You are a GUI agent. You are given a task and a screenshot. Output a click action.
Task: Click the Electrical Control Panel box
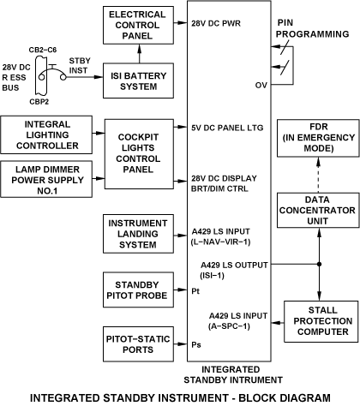coord(138,25)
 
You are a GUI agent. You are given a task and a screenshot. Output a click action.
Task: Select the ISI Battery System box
coord(138,81)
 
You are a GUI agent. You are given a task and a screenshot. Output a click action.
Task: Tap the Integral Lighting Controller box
coord(46,134)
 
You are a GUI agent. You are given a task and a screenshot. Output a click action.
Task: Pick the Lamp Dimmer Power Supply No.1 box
coord(46,179)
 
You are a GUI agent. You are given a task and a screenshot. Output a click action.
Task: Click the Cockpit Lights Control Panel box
coord(139,154)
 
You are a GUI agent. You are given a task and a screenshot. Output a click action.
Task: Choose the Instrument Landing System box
coord(138,234)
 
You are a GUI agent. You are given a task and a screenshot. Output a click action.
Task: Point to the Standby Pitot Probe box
coord(138,290)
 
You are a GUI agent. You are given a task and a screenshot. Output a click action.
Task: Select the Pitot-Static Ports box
coord(138,344)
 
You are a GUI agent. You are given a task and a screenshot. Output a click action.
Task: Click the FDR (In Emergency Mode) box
coord(318,138)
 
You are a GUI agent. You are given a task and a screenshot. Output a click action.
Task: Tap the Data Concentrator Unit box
coord(318,210)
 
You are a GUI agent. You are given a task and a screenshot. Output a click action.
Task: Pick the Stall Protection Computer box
coord(321,321)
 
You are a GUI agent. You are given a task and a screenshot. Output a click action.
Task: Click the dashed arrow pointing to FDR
coord(318,175)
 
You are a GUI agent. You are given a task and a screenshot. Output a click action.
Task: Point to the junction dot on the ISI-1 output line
coord(319,264)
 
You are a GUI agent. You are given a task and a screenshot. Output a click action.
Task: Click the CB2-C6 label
coord(43,50)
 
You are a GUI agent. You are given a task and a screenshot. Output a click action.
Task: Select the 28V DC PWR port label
coord(216,23)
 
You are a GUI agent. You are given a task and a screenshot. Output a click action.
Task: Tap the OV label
coord(261,85)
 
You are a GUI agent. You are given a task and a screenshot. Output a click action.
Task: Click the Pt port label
coord(195,291)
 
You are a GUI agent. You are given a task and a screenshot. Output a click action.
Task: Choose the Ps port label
coord(196,344)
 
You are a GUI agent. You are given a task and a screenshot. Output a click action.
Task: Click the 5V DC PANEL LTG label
coord(227,128)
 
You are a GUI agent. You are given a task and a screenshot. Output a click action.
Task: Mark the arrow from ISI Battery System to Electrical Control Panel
coord(140,54)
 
